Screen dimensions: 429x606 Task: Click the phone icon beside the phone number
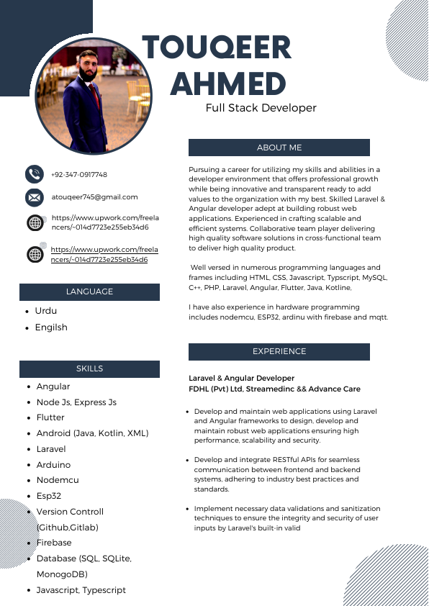pyautogui.click(x=35, y=173)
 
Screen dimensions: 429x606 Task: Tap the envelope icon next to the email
pyautogui.click(x=35, y=196)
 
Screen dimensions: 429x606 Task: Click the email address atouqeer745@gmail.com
pyautogui.click(x=94, y=196)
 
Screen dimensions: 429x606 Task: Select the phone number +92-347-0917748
pyautogui.click(x=79, y=174)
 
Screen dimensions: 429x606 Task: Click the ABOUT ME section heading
pyautogui.click(x=279, y=148)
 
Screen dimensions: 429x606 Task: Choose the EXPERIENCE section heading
pyautogui.click(x=279, y=351)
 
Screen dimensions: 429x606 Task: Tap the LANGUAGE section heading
pyautogui.click(x=90, y=291)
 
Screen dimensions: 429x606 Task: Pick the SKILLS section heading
pyautogui.click(x=90, y=368)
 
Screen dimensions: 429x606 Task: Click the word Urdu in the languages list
pyautogui.click(x=46, y=311)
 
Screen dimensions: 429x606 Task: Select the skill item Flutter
pyautogui.click(x=50, y=417)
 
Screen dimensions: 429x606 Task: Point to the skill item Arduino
pyautogui.click(x=53, y=465)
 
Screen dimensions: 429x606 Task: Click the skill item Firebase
pyautogui.click(x=54, y=543)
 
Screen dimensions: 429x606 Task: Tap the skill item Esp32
pyautogui.click(x=49, y=496)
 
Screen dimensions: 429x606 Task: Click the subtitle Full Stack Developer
pyautogui.click(x=261, y=108)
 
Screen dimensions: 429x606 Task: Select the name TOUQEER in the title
pyautogui.click(x=217, y=49)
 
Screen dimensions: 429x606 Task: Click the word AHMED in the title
pyautogui.click(x=228, y=84)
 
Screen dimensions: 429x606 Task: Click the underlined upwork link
pyautogui.click(x=104, y=254)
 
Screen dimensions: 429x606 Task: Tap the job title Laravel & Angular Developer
pyautogui.click(x=242, y=378)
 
